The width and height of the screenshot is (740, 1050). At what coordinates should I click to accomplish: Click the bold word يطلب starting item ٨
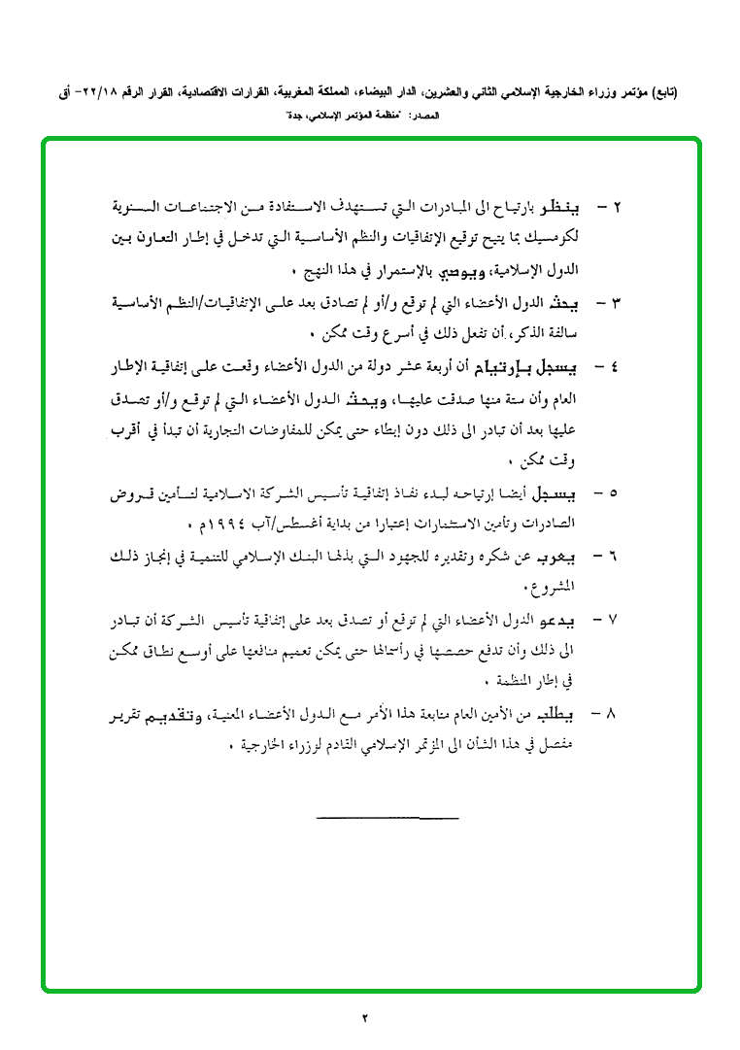coord(584,715)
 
